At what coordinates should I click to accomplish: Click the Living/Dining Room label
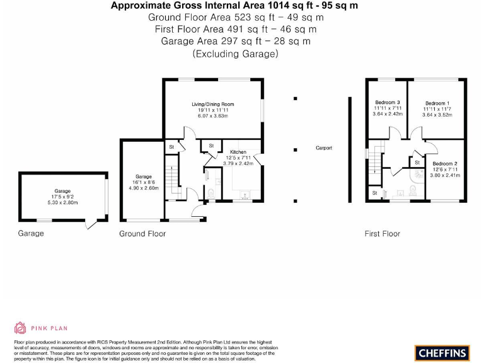(213, 104)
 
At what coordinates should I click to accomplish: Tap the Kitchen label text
(238, 153)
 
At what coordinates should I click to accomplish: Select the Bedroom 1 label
(437, 103)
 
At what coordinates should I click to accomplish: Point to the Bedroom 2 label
(444, 163)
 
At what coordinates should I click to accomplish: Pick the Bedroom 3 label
(388, 103)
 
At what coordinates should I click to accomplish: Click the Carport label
(324, 148)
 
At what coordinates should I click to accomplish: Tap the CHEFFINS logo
(441, 352)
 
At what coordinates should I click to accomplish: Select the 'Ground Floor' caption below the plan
(142, 234)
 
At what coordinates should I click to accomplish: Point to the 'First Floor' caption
(382, 234)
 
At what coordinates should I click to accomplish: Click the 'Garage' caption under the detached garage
(31, 233)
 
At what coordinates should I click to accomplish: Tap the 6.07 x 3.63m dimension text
(213, 116)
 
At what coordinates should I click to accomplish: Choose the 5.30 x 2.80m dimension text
(62, 203)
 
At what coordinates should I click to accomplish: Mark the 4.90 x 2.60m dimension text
(144, 188)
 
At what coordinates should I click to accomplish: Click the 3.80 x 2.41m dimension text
(444, 175)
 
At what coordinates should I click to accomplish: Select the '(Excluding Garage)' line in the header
(235, 54)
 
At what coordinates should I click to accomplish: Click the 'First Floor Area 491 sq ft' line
(235, 29)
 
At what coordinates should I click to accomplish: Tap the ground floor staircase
(169, 180)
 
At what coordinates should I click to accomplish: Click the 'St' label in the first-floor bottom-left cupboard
(374, 193)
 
